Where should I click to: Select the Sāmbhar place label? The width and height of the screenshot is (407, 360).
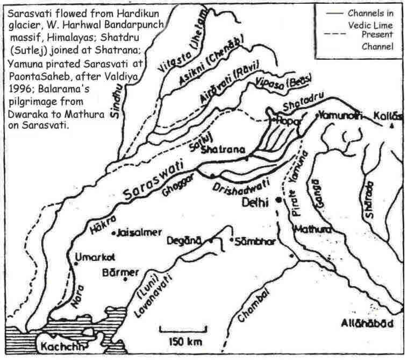click(x=255, y=241)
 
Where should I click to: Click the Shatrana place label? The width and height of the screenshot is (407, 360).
click(x=218, y=151)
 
